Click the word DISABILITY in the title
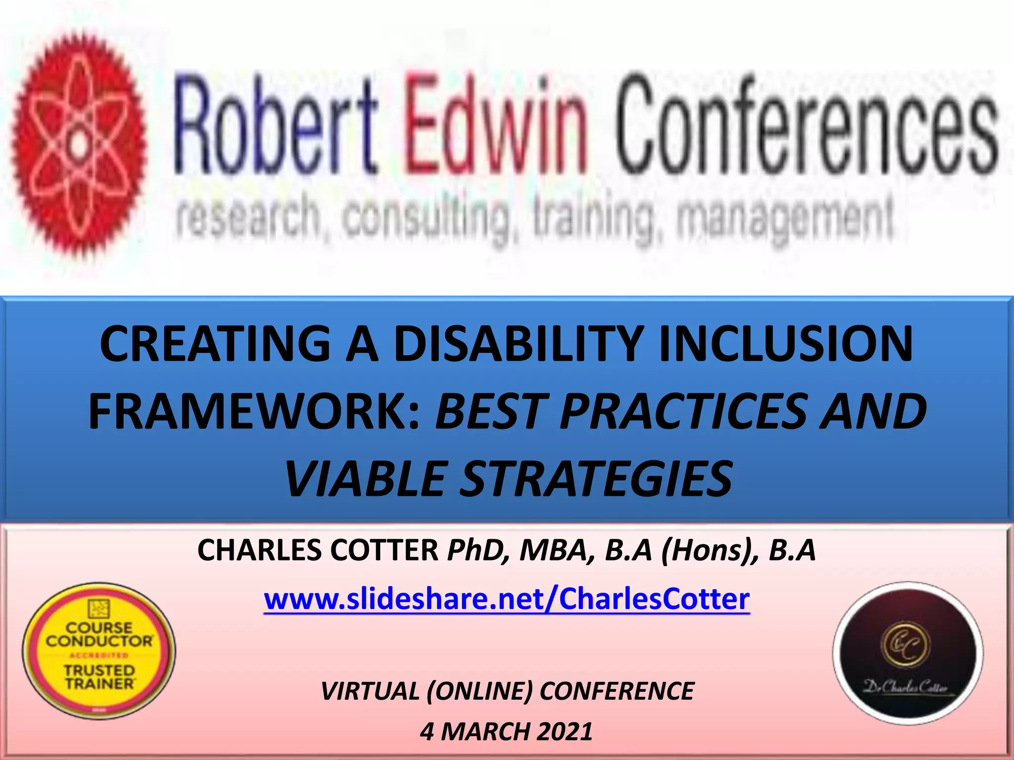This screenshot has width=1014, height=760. (518, 343)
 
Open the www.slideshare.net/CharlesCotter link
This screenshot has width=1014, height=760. (507, 599)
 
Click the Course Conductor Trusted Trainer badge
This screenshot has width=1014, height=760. (99, 651)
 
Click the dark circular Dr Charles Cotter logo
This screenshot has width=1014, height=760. (908, 653)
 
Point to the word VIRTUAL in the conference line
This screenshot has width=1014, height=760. (369, 691)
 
